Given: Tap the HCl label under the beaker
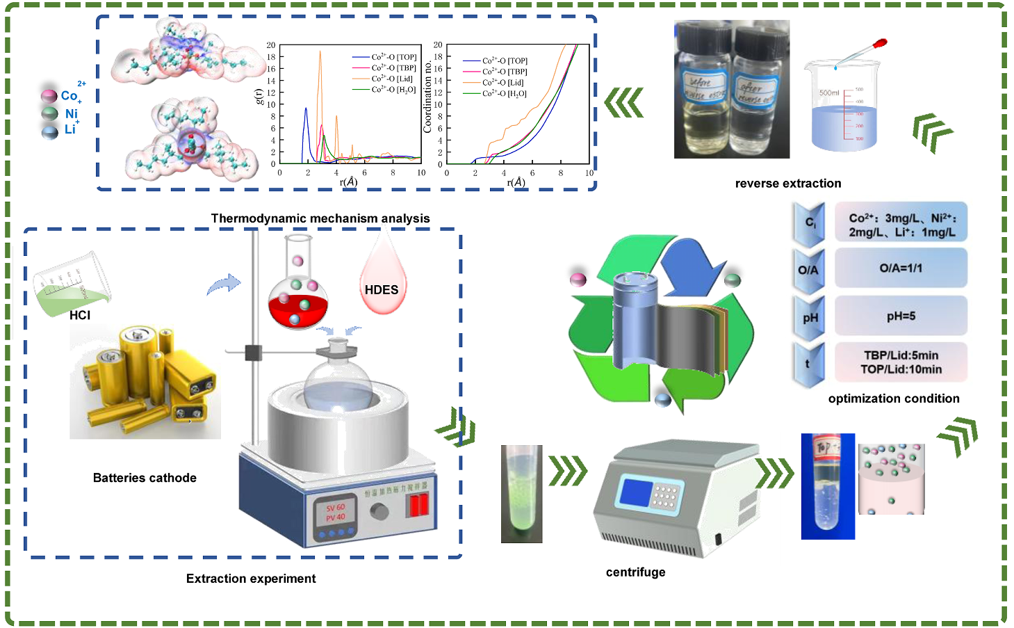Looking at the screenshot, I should coord(80,315).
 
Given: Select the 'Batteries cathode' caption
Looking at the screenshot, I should coord(145,478).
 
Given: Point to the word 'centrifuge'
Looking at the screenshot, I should coord(635,572).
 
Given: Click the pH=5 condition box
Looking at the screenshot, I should coord(901,316).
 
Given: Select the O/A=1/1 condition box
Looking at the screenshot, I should coord(901,268).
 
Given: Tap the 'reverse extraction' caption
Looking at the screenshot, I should coord(788,184).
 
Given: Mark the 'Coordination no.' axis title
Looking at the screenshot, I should coord(427,97).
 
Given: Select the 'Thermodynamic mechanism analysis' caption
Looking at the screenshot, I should coord(320,218).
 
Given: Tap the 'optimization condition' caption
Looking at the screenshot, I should coord(894,398).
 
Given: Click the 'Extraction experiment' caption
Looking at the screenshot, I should coord(251,579).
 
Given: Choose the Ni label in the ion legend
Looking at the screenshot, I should coord(72,113).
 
